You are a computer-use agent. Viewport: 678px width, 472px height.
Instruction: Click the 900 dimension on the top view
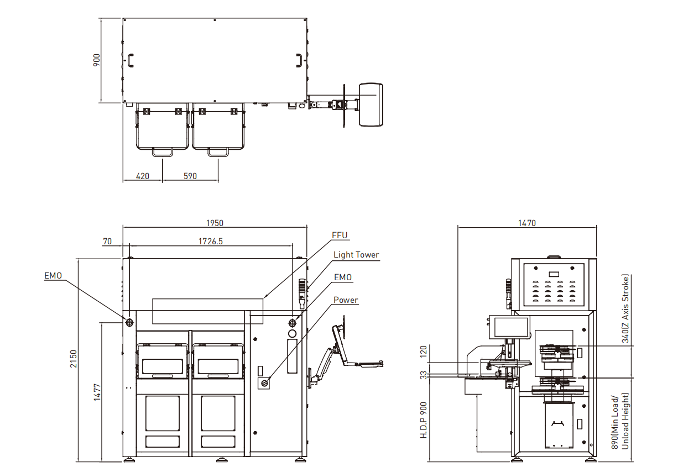96,60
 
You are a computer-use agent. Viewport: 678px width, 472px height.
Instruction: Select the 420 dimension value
143,176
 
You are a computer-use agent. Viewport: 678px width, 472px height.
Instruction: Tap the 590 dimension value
190,176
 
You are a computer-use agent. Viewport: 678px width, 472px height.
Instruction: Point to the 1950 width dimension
215,223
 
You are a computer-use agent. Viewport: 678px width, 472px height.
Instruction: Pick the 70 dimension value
107,241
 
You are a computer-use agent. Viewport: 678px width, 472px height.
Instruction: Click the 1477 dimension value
98,391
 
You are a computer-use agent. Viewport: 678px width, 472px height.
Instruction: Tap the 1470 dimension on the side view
526,223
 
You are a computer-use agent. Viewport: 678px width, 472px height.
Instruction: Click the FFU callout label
340,235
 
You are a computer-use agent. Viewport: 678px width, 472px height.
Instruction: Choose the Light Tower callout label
356,255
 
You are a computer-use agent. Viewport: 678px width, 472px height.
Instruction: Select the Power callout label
346,300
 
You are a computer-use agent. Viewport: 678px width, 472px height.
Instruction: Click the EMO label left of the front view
54,275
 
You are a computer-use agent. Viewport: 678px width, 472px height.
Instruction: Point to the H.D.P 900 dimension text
424,420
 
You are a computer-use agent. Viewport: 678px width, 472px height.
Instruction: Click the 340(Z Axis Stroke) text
625,309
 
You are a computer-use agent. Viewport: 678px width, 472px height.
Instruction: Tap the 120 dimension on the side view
424,352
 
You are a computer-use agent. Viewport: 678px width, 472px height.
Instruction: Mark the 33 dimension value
424,375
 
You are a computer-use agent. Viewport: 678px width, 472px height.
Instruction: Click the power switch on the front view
264,382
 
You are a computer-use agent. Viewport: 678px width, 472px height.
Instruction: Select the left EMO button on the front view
129,322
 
